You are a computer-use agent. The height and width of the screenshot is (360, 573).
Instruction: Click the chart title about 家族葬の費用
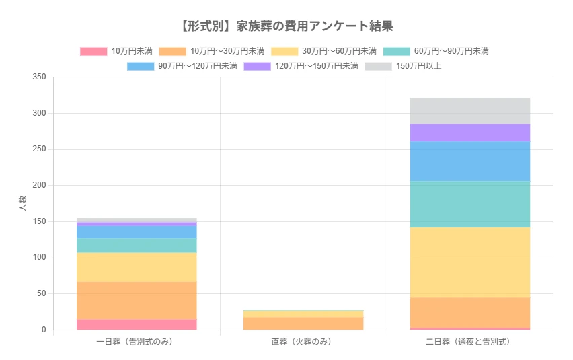click(x=286, y=26)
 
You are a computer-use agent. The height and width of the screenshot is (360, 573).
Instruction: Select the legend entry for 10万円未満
click(x=116, y=51)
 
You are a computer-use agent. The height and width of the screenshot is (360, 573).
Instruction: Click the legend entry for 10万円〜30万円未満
click(x=212, y=51)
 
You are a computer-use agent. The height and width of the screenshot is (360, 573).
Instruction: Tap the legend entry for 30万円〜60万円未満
click(x=323, y=51)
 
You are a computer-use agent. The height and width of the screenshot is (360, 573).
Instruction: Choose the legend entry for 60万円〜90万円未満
click(x=436, y=51)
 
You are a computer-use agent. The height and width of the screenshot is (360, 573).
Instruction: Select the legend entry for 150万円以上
click(x=404, y=66)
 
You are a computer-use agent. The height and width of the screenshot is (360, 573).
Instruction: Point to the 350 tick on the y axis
click(x=39, y=77)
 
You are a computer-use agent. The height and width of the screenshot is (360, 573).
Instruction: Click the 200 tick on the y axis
click(x=39, y=186)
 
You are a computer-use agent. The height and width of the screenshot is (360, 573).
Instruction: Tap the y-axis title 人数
click(x=22, y=203)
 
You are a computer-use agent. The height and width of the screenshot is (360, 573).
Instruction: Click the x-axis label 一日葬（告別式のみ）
click(x=137, y=342)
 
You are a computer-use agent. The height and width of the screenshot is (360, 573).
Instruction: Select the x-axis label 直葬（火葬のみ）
click(x=303, y=342)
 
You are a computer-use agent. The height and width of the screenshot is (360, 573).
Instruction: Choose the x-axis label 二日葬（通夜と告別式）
click(x=470, y=342)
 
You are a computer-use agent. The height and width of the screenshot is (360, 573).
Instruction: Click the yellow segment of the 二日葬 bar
click(x=470, y=262)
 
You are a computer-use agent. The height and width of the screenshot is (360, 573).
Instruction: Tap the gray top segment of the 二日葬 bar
click(x=470, y=111)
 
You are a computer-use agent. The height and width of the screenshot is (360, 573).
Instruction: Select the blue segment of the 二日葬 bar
click(x=470, y=161)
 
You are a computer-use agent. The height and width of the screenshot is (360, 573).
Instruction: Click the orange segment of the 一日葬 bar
click(x=137, y=300)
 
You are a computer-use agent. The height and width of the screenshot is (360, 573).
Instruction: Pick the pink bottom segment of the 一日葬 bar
click(x=137, y=324)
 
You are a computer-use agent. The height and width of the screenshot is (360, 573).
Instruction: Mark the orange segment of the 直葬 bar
click(x=303, y=323)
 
